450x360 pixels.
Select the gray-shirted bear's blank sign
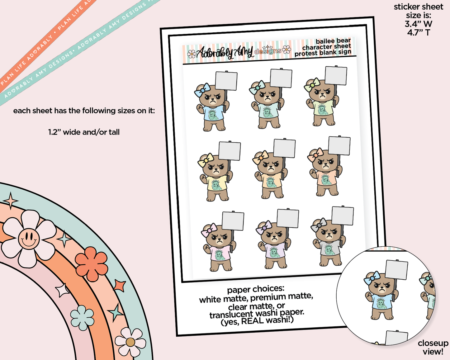343,216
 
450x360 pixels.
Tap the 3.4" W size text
419,24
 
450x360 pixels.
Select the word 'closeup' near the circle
433,343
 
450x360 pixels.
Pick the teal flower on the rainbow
82,318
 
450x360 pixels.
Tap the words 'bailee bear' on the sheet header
333,41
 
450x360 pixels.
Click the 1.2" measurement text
54,132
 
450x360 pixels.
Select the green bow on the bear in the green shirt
312,85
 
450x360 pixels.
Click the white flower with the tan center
130,342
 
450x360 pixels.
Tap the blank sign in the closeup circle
396,270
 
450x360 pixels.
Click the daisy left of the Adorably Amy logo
192,54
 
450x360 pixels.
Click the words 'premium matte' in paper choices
282,297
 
